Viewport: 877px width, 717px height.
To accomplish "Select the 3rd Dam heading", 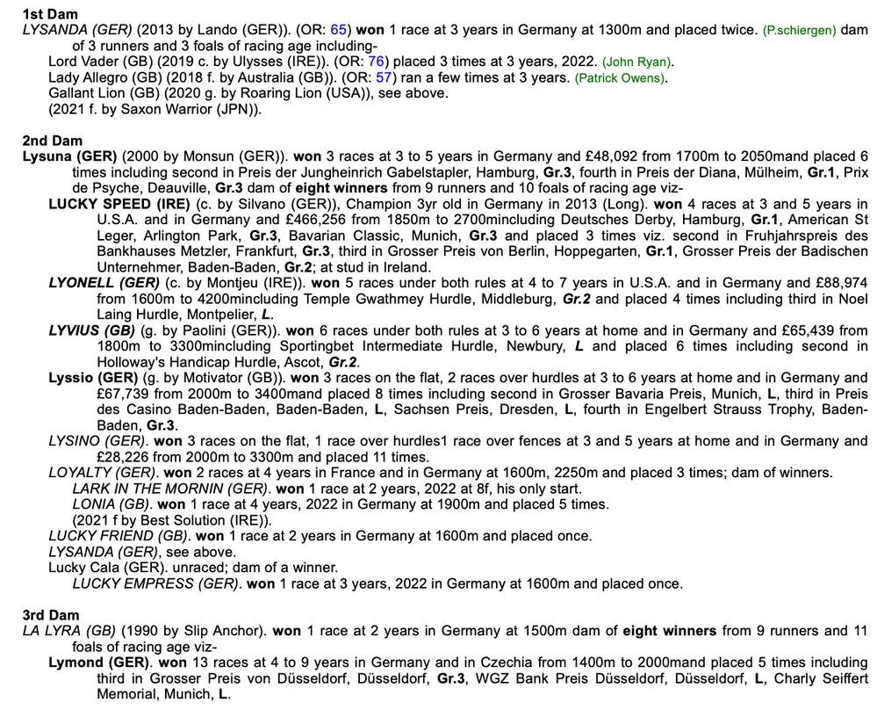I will tap(52, 615).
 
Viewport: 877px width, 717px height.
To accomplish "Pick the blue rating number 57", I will tap(384, 77).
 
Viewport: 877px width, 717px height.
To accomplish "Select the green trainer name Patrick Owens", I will tap(621, 78).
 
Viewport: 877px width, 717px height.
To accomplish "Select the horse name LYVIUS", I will tap(76, 330).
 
